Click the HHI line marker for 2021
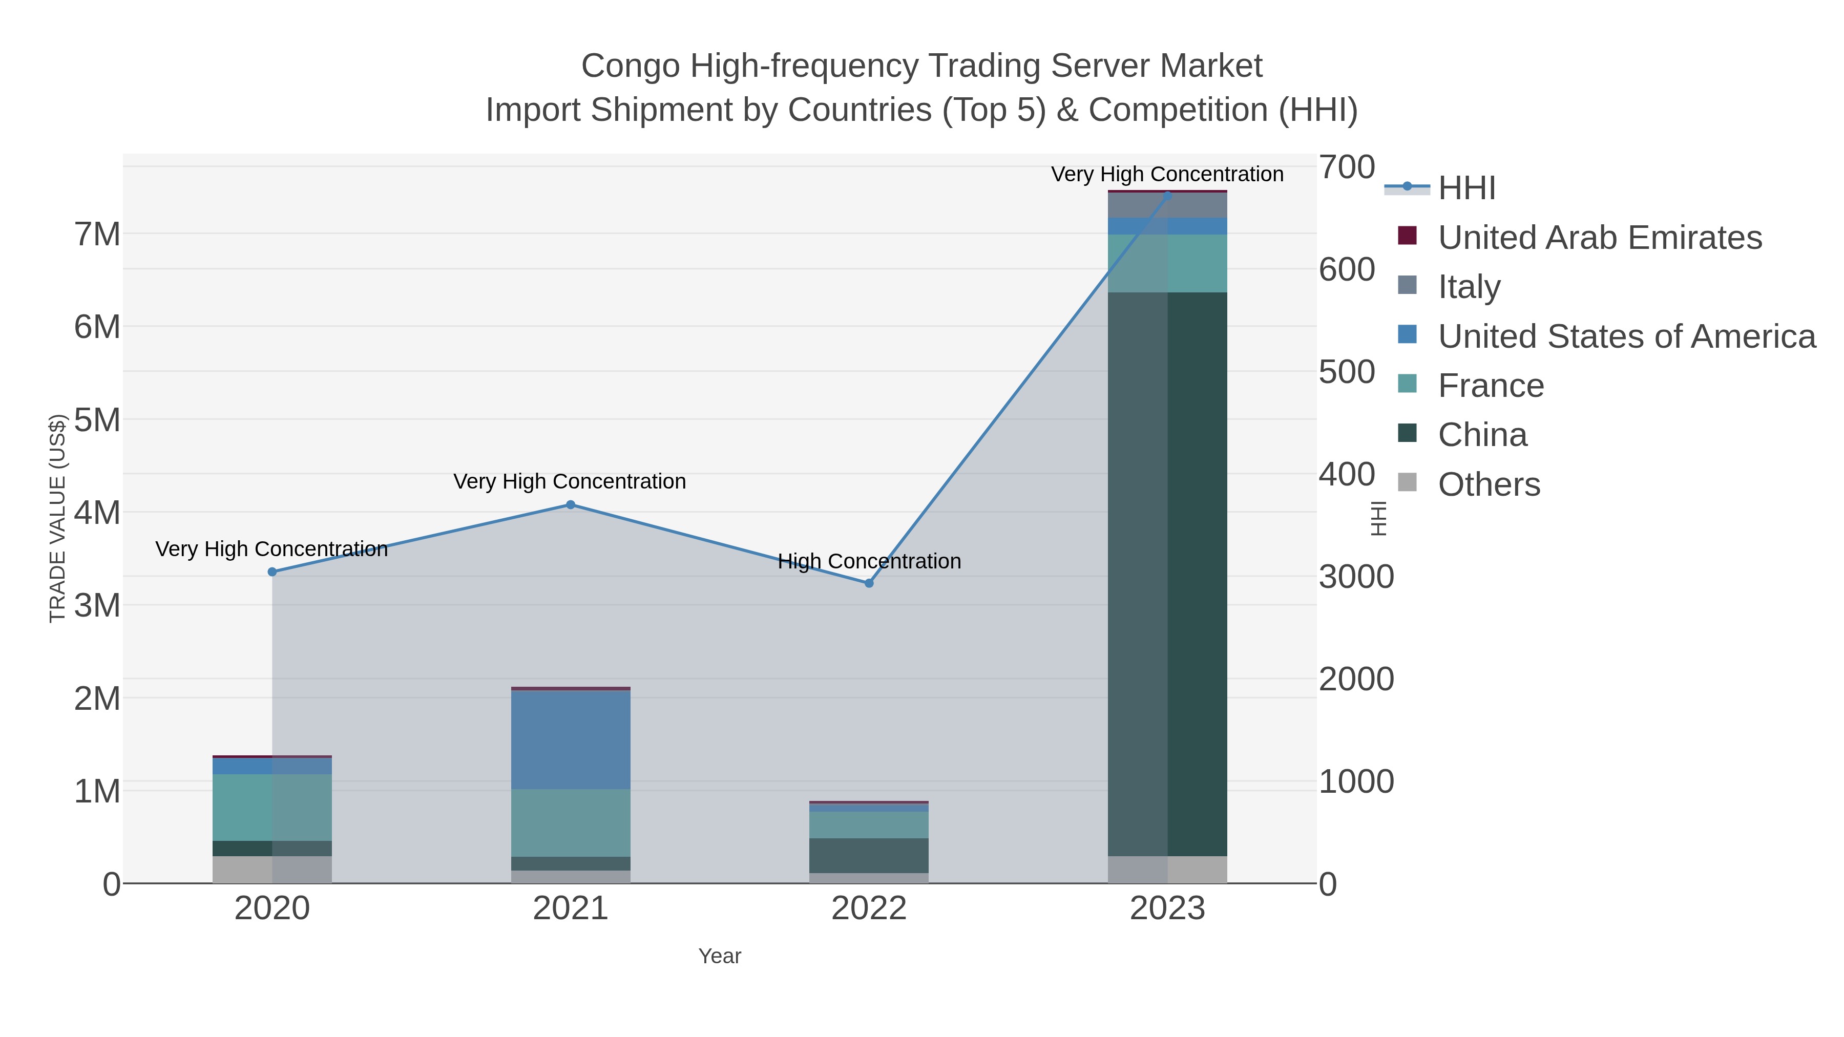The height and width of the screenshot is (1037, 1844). click(571, 504)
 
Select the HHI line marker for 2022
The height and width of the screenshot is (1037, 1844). click(869, 583)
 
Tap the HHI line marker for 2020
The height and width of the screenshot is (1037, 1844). click(272, 572)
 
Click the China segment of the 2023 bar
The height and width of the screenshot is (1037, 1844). click(1167, 573)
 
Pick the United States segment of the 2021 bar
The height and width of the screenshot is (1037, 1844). click(571, 739)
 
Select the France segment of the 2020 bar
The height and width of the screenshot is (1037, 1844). click(272, 807)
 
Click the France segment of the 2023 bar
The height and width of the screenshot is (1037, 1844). click(1167, 263)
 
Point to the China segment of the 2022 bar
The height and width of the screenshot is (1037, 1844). click(869, 855)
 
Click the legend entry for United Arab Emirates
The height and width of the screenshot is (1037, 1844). click(1599, 238)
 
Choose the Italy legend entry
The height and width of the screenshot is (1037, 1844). click(1469, 287)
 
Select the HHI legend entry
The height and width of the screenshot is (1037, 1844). click(1466, 188)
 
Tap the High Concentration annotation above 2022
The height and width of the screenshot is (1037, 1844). click(869, 561)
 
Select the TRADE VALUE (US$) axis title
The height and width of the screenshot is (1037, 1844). click(57, 518)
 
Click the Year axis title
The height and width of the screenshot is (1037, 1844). click(720, 956)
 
